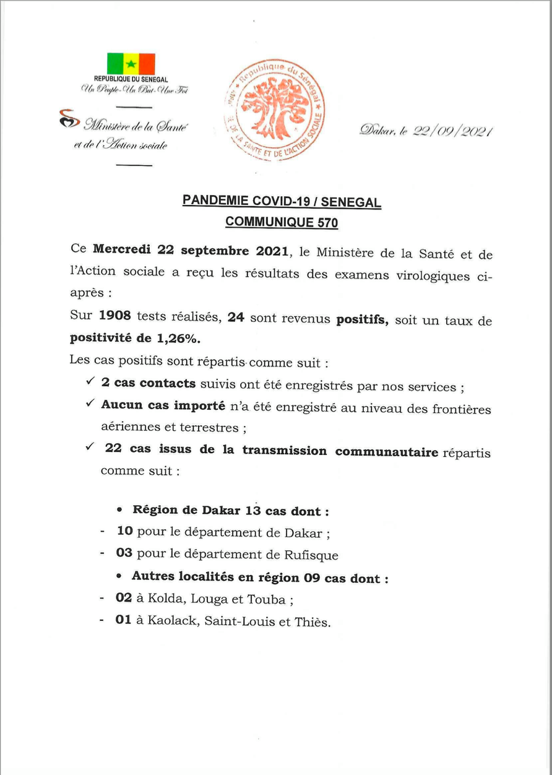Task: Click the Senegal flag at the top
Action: [131, 64]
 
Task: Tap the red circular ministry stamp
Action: [275, 110]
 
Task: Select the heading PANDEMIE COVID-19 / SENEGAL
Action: [282, 201]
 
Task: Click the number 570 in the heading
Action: [328, 220]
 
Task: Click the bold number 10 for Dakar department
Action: [124, 532]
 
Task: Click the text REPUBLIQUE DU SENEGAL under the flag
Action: [131, 79]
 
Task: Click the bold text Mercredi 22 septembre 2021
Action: [191, 251]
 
